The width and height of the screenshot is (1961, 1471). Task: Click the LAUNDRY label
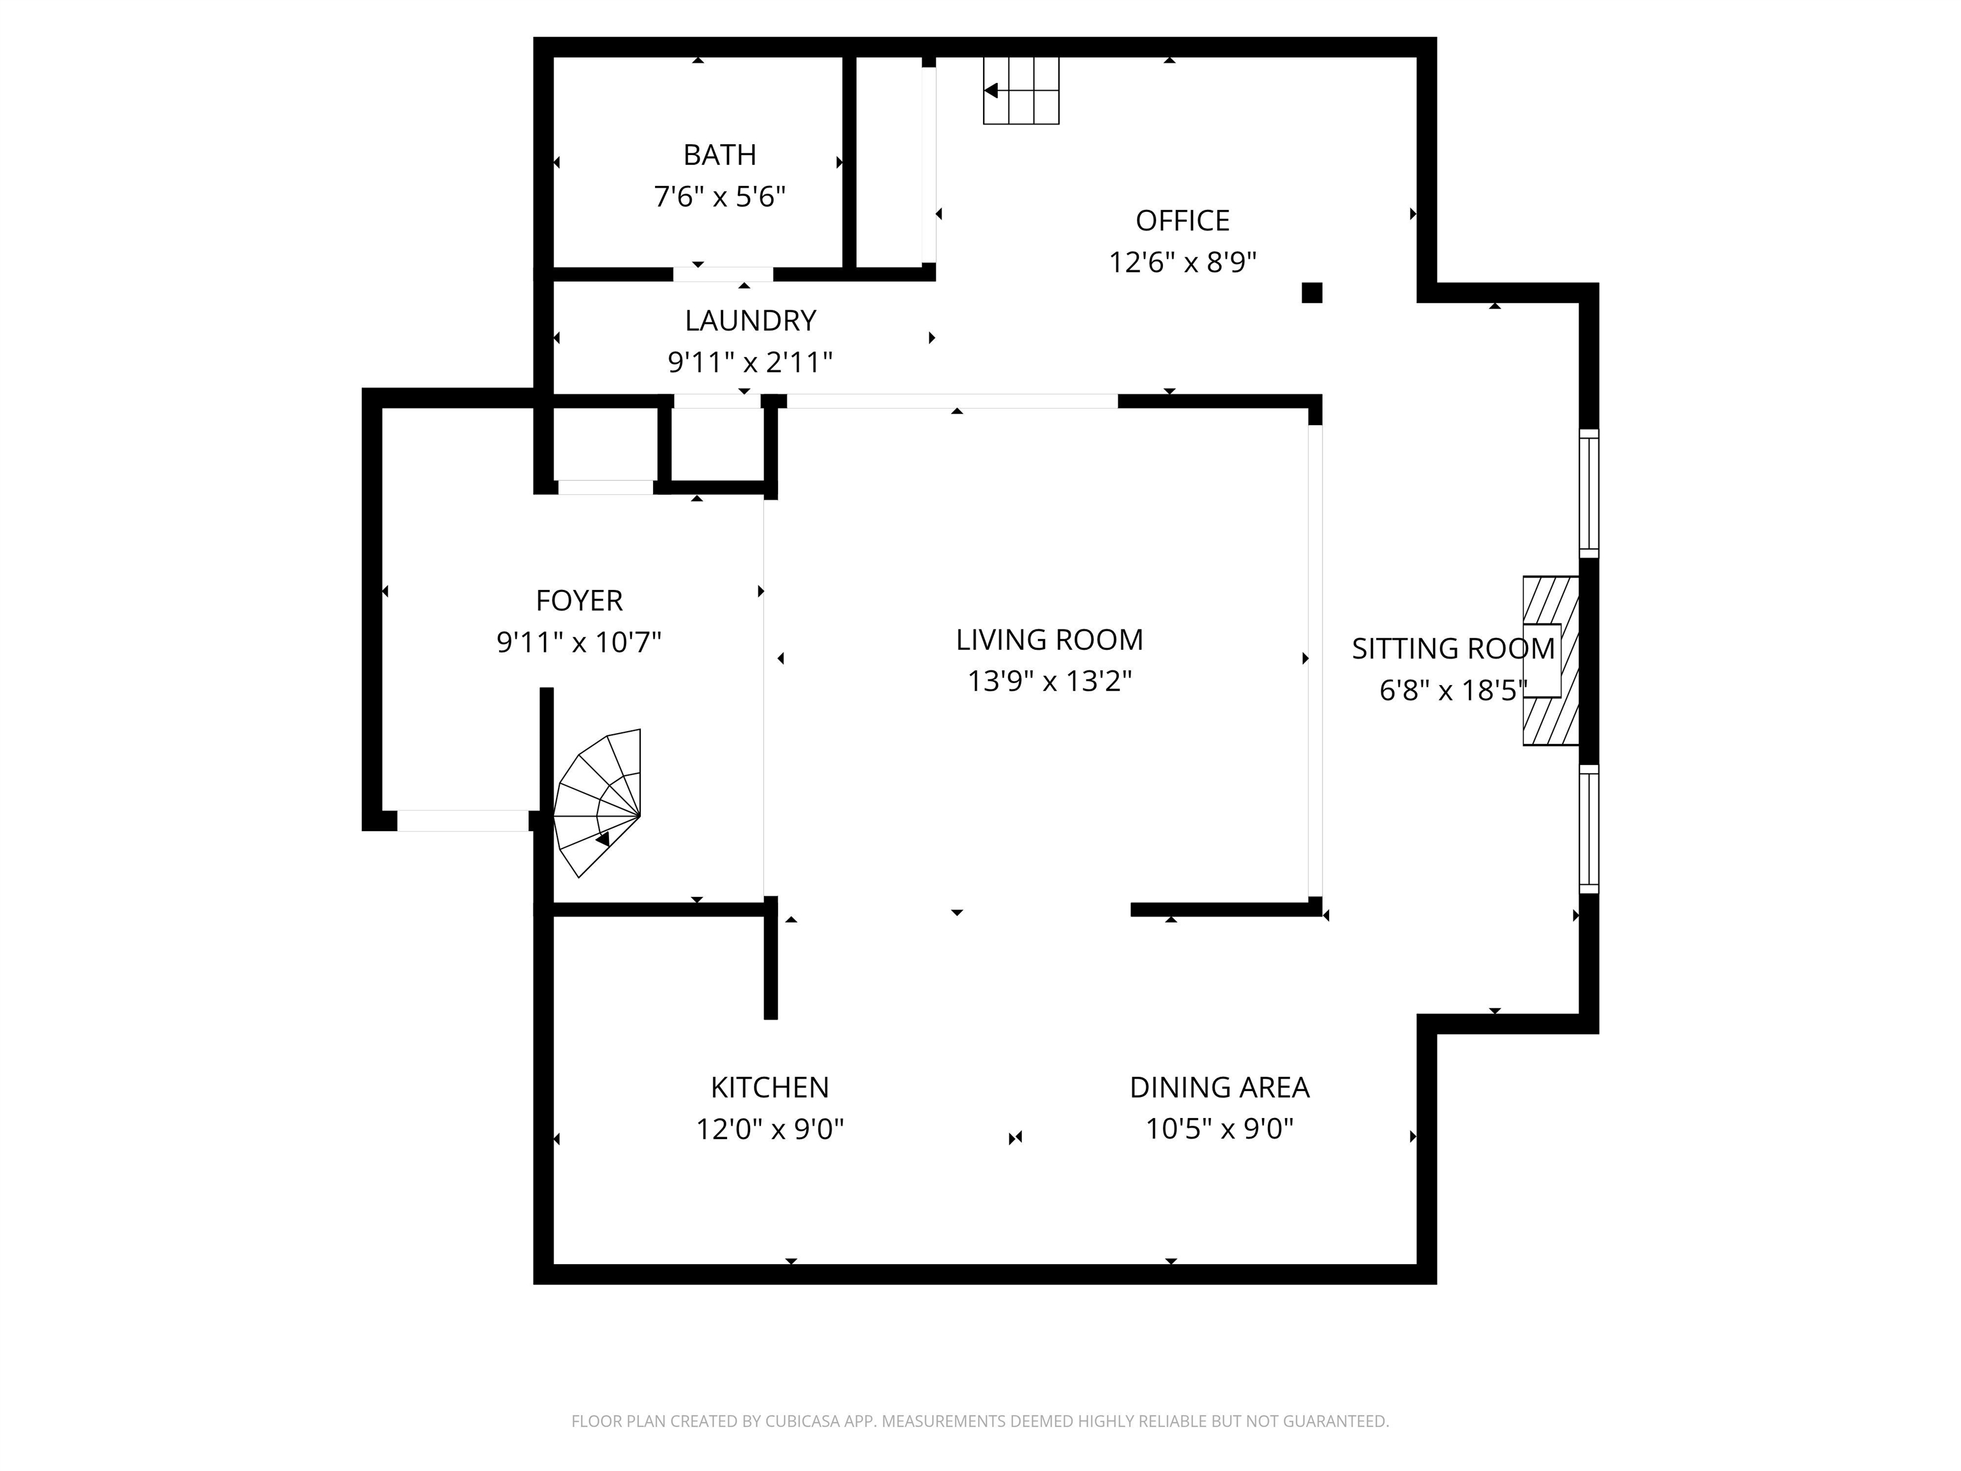pyautogui.click(x=750, y=320)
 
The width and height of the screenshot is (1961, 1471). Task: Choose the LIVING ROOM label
pyautogui.click(x=1049, y=639)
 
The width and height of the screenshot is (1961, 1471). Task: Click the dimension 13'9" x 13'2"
pyautogui.click(x=1049, y=682)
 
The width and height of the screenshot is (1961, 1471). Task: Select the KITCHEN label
pyautogui.click(x=769, y=1087)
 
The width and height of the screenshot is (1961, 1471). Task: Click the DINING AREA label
pyautogui.click(x=1219, y=1087)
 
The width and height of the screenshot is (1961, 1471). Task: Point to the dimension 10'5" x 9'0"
pyautogui.click(x=1219, y=1129)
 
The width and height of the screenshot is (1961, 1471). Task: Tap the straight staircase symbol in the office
pyautogui.click(x=1021, y=91)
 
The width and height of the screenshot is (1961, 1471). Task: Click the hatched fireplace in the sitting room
pyautogui.click(x=1550, y=661)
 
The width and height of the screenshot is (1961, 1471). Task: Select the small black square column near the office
pyautogui.click(x=1311, y=292)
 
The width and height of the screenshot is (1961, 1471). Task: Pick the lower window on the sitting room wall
pyautogui.click(x=1589, y=828)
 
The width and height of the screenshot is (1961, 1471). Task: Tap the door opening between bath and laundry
pyautogui.click(x=723, y=274)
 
